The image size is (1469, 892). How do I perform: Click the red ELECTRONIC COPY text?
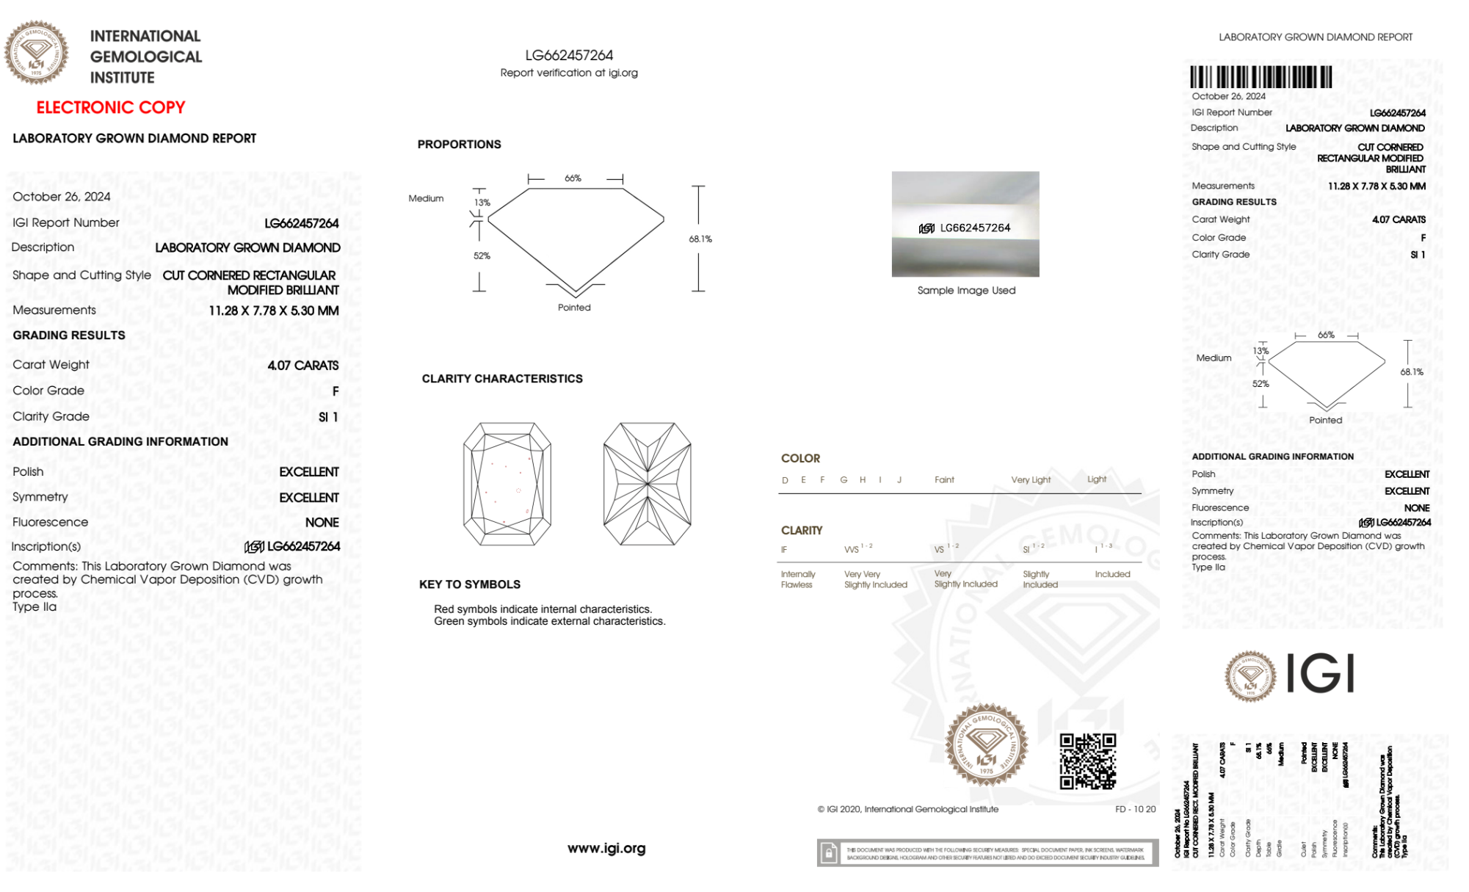111,107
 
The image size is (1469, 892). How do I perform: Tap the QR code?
1087,761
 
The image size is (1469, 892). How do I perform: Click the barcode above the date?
1261,77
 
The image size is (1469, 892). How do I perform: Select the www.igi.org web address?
606,848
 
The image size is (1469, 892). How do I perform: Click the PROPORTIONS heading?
459,145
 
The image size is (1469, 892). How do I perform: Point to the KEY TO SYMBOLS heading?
469,584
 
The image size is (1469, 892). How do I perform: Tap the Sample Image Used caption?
966,291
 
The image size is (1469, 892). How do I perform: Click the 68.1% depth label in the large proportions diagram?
700,239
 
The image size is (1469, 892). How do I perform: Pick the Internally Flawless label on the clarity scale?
797,579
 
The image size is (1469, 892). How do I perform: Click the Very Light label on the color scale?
1031,480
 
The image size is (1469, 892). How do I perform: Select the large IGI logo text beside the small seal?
1321,674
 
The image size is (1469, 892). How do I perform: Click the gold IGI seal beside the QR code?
986,745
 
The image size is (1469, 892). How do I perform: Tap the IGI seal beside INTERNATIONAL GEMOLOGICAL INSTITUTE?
37,53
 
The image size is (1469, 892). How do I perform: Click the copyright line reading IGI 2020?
908,809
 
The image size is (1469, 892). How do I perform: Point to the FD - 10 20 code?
1135,809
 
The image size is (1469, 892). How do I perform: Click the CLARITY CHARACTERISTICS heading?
502,379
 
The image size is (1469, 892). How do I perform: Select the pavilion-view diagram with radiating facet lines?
647,484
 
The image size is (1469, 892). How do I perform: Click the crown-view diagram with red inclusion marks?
507,484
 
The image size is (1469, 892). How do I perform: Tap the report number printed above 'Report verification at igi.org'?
569,55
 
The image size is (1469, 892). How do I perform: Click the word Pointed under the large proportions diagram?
574,308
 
